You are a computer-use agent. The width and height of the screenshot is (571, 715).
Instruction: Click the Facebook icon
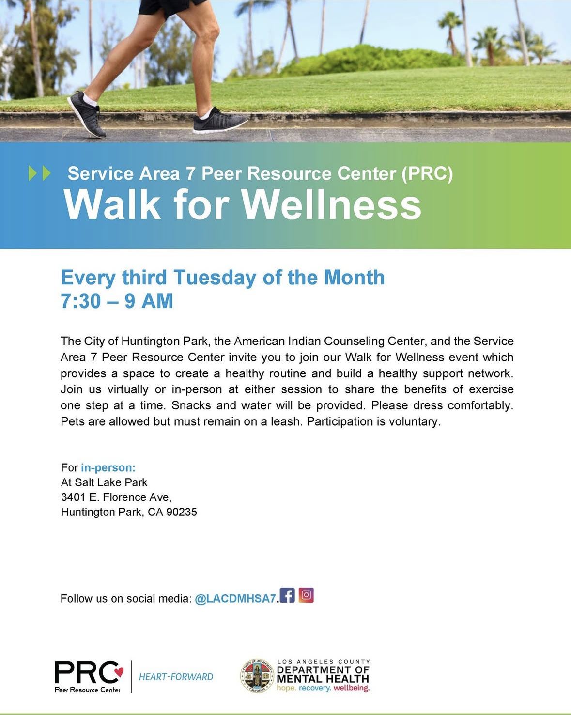click(x=287, y=595)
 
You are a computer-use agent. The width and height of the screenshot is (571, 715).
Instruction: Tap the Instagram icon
click(x=306, y=595)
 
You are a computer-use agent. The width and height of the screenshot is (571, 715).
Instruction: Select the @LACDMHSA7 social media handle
click(x=235, y=599)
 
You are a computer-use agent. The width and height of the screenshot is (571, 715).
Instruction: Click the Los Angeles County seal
click(x=257, y=675)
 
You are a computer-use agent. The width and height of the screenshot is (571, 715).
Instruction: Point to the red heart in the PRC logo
click(x=119, y=671)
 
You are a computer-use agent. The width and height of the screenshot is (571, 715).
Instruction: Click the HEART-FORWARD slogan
click(x=176, y=677)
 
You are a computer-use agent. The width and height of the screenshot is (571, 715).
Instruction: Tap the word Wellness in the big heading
click(x=331, y=204)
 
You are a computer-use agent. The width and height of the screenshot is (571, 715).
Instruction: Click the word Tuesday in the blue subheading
click(x=215, y=278)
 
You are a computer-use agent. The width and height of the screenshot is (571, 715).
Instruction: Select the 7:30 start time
click(x=81, y=301)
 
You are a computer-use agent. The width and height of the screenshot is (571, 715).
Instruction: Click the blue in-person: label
click(x=108, y=468)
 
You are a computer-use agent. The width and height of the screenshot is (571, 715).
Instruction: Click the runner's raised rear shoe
click(x=87, y=114)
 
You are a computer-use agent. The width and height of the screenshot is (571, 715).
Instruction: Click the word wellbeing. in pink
click(x=352, y=688)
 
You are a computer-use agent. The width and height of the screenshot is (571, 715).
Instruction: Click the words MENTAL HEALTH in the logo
click(x=323, y=679)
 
